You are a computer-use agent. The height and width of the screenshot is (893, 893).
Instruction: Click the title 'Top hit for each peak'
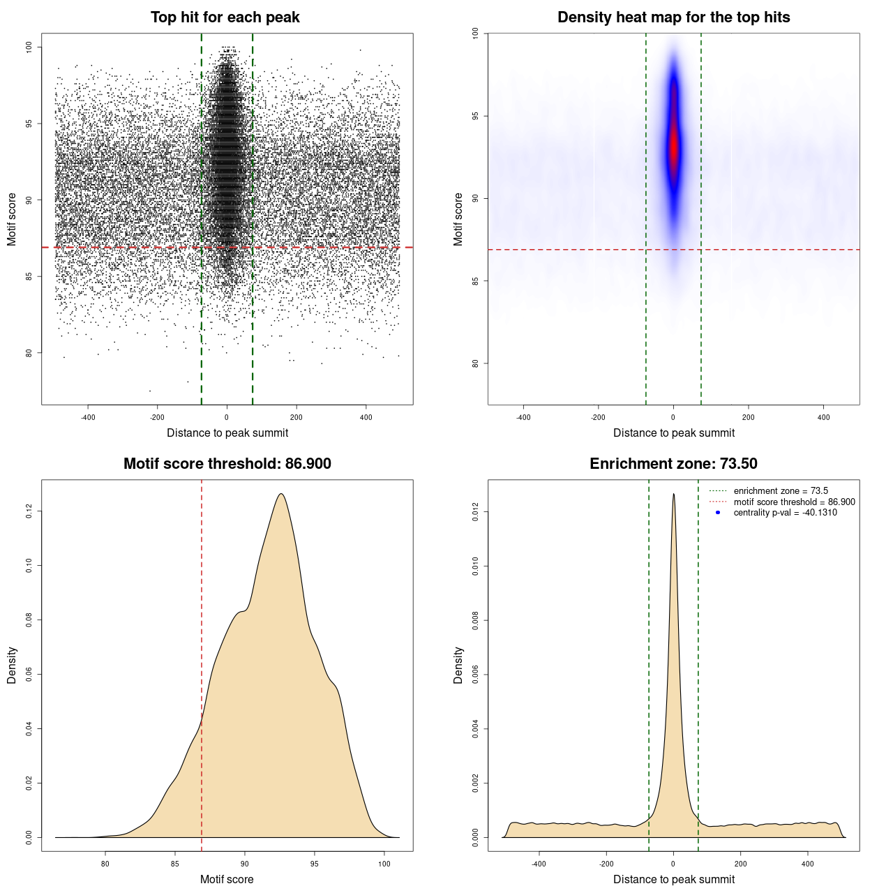(x=225, y=17)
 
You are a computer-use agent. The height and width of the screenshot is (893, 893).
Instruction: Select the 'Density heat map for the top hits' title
(x=673, y=17)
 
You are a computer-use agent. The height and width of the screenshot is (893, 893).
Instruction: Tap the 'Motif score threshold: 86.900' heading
(x=227, y=464)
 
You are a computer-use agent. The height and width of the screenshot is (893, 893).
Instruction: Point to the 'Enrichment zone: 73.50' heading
(x=673, y=464)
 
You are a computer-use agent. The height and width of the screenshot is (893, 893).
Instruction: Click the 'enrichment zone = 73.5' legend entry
(x=780, y=491)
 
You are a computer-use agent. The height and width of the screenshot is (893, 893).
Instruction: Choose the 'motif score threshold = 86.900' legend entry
(x=794, y=502)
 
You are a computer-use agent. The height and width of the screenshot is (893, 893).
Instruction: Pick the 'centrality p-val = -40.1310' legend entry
(x=785, y=513)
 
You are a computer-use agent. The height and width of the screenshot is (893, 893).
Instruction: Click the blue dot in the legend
(x=718, y=513)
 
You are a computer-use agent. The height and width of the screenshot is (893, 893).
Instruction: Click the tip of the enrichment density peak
(x=673, y=495)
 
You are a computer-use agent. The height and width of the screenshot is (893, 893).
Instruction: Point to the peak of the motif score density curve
(x=280, y=495)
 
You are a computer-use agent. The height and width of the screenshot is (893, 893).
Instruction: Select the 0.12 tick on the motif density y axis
(x=29, y=511)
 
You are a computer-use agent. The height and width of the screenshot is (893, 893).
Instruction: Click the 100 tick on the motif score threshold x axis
(x=384, y=864)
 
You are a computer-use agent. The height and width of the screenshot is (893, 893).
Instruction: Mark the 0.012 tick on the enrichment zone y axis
(x=475, y=513)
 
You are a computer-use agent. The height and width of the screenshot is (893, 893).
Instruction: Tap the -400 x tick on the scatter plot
(x=88, y=417)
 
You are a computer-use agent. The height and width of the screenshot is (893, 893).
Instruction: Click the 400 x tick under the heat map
(x=823, y=417)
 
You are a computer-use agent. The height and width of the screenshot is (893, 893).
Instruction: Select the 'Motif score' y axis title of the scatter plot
(x=12, y=219)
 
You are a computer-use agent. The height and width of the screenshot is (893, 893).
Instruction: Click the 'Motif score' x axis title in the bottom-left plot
(x=227, y=879)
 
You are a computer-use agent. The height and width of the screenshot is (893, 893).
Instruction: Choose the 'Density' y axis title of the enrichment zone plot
(x=458, y=665)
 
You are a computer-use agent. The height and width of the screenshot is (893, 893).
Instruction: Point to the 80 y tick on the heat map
(x=475, y=363)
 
